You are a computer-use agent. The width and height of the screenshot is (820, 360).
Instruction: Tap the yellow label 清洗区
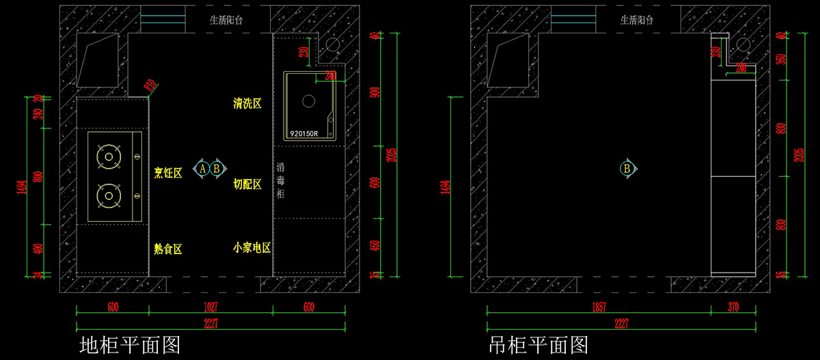pos(247,104)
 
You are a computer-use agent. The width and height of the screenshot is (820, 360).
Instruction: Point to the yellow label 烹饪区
pos(168,173)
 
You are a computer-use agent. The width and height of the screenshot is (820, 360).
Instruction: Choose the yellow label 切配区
pos(247,184)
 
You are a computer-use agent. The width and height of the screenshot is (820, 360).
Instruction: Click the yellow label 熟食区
pos(168,249)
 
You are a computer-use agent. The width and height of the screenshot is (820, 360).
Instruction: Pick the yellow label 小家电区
pos(251,247)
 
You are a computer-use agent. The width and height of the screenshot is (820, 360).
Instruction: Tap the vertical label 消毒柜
pos(280,180)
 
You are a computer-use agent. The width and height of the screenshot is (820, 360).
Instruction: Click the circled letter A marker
pos(203,168)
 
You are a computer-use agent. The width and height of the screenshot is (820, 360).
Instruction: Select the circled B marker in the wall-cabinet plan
pos(627,168)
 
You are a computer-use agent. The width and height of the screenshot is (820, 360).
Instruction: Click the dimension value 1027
pos(210,307)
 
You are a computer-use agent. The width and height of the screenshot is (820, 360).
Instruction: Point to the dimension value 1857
pos(598,307)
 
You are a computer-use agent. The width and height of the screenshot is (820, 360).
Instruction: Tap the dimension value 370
pos(733,307)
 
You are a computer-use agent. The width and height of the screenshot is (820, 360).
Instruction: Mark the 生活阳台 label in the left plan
pos(225,20)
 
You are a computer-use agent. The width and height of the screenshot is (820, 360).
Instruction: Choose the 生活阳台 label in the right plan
pos(637,20)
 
